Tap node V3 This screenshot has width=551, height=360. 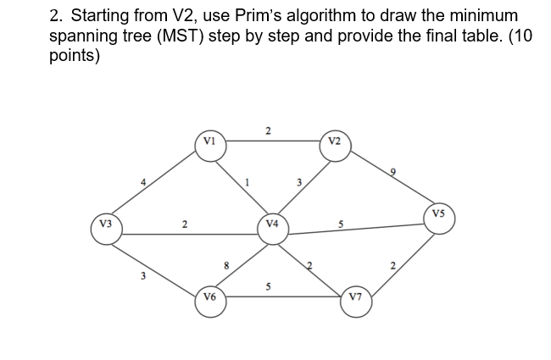point(105,227)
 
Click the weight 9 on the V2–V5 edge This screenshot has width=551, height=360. point(392,173)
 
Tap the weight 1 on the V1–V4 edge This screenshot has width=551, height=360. point(247,181)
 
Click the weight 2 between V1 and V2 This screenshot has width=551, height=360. point(268,130)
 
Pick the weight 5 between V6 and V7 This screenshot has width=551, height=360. point(269,285)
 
